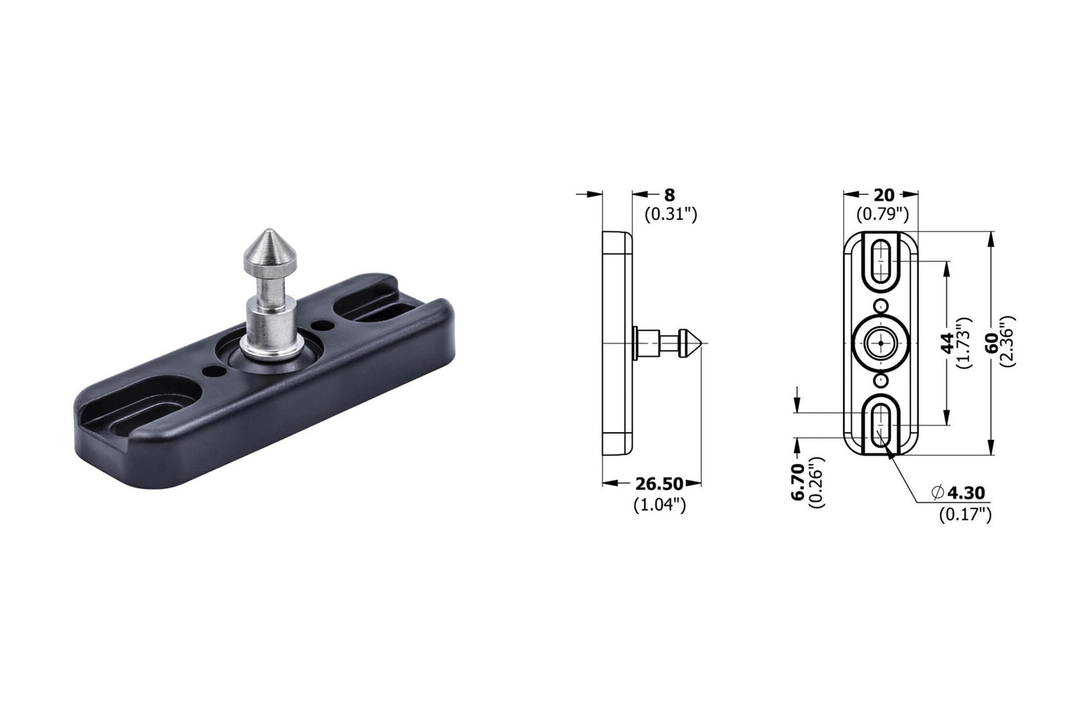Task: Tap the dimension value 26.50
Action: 659,484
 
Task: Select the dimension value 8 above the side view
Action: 670,195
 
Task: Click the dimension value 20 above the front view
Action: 884,195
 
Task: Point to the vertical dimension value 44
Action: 947,343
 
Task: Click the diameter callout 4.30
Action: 966,493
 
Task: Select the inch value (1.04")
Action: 659,505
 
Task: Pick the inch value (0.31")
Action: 671,214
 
